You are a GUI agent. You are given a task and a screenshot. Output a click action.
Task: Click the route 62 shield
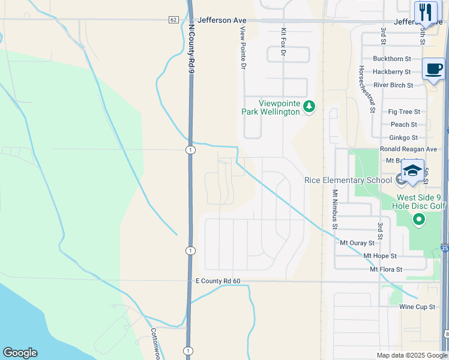pyautogui.click(x=173, y=20)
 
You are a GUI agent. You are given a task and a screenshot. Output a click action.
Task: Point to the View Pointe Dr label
pyautogui.click(x=243, y=48)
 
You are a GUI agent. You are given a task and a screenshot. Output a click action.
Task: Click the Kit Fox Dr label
pyautogui.click(x=283, y=42)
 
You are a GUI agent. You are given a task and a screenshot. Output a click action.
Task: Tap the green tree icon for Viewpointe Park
pyautogui.click(x=309, y=107)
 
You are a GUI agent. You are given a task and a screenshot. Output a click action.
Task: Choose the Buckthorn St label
pyautogui.click(x=391, y=59)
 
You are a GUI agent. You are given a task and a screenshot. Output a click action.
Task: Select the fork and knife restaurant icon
pyautogui.click(x=426, y=11)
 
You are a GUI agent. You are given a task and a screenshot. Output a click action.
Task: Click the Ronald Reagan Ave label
pyautogui.click(x=408, y=149)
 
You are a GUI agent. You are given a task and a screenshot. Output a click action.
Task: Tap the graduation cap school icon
pyautogui.click(x=413, y=171)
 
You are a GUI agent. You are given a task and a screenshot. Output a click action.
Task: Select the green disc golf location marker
pyautogui.click(x=419, y=220)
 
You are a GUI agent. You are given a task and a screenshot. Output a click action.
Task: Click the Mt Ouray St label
pyautogui.click(x=357, y=243)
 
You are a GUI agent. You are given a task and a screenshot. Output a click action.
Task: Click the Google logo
pyautogui.click(x=20, y=353)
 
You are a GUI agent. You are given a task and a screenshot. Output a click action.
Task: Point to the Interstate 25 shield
pyautogui.click(x=445, y=247)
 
